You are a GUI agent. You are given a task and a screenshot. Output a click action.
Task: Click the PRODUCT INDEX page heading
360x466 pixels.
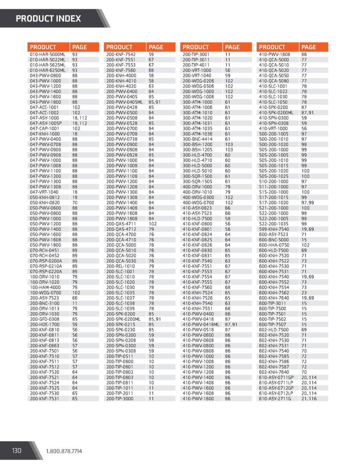coord(48,18)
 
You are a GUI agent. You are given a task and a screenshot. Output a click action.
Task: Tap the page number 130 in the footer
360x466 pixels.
coord(17,451)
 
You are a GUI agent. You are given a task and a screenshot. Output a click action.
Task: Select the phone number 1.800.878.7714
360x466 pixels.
coord(64,451)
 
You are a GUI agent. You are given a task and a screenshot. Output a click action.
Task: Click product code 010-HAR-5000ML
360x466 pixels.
coord(47,55)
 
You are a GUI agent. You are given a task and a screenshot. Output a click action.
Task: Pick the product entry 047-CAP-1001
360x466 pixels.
coord(44,128)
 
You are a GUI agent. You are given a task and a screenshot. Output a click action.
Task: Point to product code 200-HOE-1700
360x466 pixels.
coord(44,324)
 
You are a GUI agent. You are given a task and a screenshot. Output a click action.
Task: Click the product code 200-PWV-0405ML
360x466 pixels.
coord(124,102)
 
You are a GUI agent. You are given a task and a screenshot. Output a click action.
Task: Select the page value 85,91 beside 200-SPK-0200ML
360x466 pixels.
coord(155,319)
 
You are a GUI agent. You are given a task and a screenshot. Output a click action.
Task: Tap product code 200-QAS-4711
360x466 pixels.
coord(121,224)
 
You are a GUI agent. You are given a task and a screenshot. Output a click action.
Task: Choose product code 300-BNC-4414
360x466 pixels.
coord(197,139)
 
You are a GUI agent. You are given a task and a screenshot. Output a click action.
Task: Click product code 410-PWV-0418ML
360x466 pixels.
coord(201,324)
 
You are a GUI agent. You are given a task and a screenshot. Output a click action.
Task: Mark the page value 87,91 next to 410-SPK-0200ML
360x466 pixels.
coord(308,113)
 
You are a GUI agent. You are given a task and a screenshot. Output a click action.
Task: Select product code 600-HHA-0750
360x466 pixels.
coord(274,245)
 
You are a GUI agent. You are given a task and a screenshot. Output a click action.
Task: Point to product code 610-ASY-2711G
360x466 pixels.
coord(275,398)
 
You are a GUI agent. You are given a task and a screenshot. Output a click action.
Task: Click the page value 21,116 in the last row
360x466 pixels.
coord(309,398)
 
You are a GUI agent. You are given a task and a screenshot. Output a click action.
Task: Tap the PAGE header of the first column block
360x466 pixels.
coord(79,47)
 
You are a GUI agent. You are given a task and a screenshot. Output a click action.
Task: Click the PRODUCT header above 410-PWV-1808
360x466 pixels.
coord(272,47)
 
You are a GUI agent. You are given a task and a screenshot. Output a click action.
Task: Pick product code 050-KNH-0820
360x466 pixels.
coord(45,203)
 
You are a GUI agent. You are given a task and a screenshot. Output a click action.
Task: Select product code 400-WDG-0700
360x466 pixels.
coord(198,203)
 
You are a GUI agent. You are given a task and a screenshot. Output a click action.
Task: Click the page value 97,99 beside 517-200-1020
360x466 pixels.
coord(308,203)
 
